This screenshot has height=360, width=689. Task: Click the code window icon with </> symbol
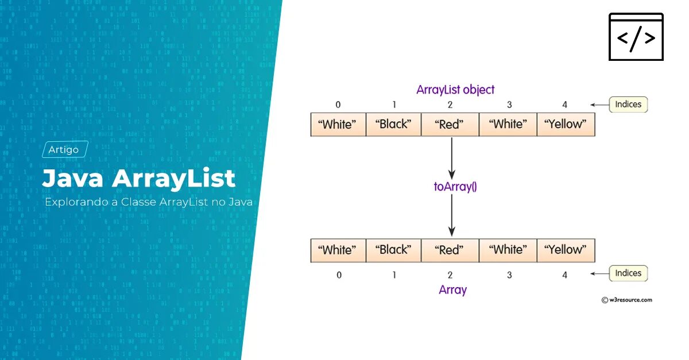tap(636, 37)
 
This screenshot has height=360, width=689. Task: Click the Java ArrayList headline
tap(138, 178)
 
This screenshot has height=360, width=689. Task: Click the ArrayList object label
tap(455, 90)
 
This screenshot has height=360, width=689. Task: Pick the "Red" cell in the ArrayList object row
tap(450, 125)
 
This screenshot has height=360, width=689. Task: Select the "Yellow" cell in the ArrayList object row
tap(566, 125)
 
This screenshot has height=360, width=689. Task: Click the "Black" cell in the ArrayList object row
tap(393, 125)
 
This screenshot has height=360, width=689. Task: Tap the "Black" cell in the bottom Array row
tap(393, 250)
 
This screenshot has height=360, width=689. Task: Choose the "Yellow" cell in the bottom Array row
tap(566, 250)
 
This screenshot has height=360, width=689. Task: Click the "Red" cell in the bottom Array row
tap(450, 250)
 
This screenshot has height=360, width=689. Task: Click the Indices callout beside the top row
tap(628, 104)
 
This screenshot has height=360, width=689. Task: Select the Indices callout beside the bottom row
tap(628, 273)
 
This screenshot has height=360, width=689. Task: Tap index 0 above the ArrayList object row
tap(338, 104)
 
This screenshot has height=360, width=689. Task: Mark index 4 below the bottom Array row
tap(565, 275)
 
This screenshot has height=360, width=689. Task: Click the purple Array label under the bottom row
tap(452, 290)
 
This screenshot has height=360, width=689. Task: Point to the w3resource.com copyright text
tap(626, 300)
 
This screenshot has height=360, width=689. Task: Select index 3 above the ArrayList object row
tap(509, 104)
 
